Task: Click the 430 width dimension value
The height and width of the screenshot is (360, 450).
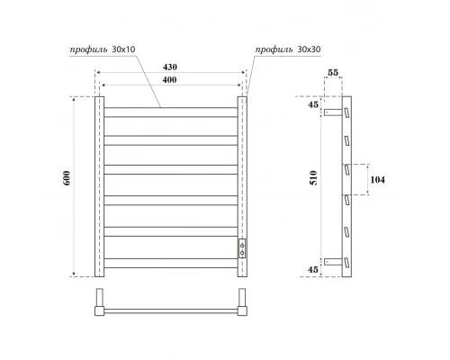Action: [x=170, y=67]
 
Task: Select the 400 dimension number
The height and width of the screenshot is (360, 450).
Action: [x=169, y=80]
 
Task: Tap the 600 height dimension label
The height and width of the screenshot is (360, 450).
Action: [x=67, y=178]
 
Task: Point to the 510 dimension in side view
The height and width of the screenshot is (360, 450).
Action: [x=313, y=178]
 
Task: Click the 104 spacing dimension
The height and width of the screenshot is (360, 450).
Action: [x=377, y=180]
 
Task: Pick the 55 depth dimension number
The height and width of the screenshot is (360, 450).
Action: [x=333, y=73]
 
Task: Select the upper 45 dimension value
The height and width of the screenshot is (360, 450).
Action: [x=313, y=104]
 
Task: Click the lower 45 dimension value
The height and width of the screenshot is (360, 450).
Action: [x=313, y=269]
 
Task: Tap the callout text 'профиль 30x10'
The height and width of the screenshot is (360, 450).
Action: [x=103, y=49]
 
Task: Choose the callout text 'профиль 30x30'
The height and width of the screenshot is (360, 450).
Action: [x=288, y=49]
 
